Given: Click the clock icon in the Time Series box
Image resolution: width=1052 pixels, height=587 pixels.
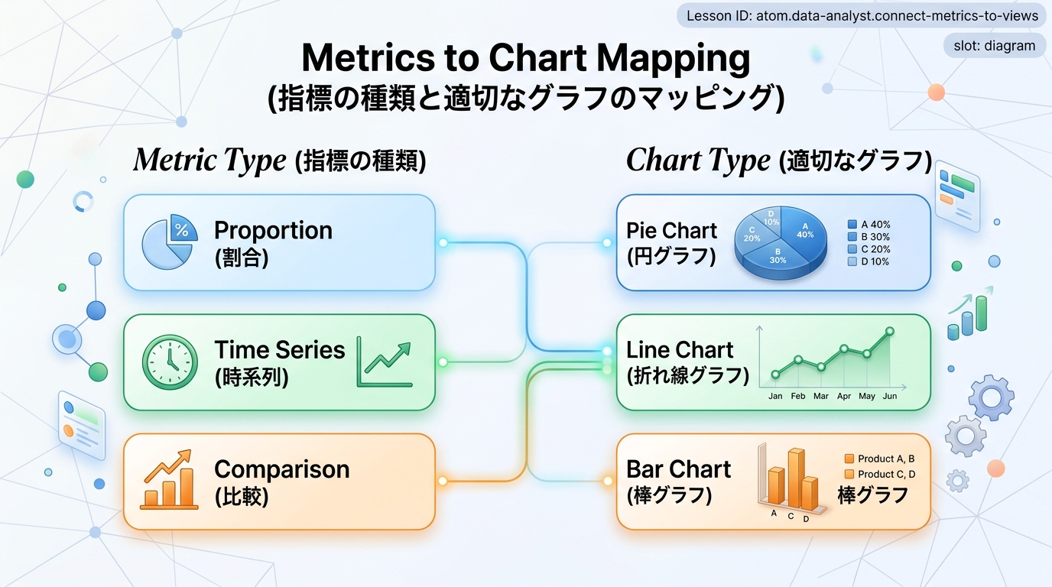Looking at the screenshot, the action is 170,362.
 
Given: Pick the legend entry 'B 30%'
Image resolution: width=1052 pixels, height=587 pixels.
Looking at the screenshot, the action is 869,237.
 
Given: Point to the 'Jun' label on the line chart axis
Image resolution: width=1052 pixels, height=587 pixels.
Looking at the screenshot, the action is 889,396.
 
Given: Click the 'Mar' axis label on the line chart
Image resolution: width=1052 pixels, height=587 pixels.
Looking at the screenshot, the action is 821,396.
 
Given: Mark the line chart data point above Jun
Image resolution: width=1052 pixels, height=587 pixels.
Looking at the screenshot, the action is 889,332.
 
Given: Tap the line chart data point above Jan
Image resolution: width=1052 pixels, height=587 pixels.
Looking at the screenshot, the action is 775,375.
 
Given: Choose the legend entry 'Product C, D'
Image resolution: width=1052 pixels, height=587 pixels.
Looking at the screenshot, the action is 880,474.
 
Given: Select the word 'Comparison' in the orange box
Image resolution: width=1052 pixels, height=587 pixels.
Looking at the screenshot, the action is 282,469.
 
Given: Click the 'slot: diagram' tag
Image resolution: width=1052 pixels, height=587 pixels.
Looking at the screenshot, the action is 994,46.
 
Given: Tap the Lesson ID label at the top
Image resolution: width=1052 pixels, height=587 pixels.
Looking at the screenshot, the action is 862,15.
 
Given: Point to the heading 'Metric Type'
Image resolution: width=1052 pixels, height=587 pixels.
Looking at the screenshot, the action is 210,161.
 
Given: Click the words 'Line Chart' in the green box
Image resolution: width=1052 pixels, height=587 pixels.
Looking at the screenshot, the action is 680,350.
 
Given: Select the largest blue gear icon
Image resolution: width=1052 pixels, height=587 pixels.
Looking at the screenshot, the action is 991,397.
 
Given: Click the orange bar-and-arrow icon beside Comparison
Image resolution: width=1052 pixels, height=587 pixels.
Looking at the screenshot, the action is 169,479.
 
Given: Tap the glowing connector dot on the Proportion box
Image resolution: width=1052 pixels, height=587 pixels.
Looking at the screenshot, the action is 443,243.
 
